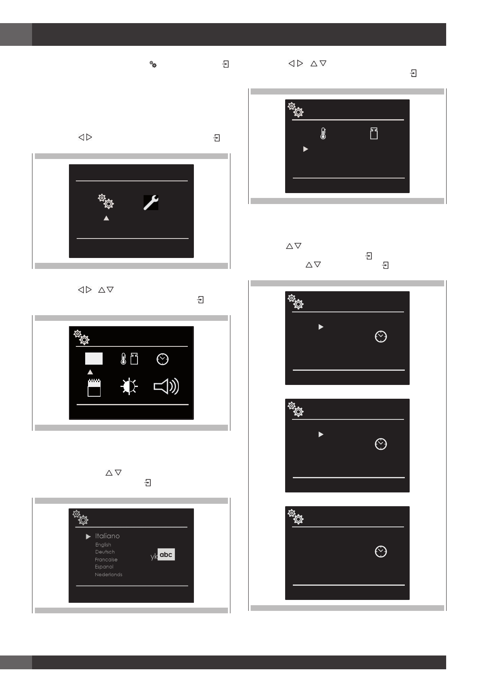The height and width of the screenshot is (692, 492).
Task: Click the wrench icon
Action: tap(151, 203)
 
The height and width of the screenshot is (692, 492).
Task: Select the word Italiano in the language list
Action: tap(107, 536)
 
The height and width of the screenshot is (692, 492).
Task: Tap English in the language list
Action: tap(103, 545)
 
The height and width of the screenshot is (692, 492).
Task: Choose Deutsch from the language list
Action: tap(105, 552)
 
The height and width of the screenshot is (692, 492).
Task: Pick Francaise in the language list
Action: tap(106, 559)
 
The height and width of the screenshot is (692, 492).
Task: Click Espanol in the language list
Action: tap(104, 567)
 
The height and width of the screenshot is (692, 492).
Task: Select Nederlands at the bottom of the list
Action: tap(109, 575)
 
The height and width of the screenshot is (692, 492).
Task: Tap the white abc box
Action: tap(166, 554)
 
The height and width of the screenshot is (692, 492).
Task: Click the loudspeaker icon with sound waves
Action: tap(166, 387)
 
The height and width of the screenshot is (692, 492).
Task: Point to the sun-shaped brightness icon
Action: tap(129, 387)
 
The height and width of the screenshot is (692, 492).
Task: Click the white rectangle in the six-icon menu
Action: tap(94, 359)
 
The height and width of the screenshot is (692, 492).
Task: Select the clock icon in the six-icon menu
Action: tap(163, 359)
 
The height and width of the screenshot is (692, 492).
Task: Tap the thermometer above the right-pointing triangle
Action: tap(323, 133)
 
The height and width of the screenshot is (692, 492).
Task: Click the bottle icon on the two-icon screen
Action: tap(374, 134)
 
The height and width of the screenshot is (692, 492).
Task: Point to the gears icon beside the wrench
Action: tap(106, 202)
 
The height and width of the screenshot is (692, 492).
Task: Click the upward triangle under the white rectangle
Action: tap(90, 372)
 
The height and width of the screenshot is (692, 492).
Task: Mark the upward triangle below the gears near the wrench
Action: tap(106, 218)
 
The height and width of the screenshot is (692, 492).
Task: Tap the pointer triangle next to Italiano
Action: tap(88, 537)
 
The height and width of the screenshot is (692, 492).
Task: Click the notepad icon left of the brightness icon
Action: tap(94, 387)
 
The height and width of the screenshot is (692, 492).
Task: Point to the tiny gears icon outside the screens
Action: tap(153, 64)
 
